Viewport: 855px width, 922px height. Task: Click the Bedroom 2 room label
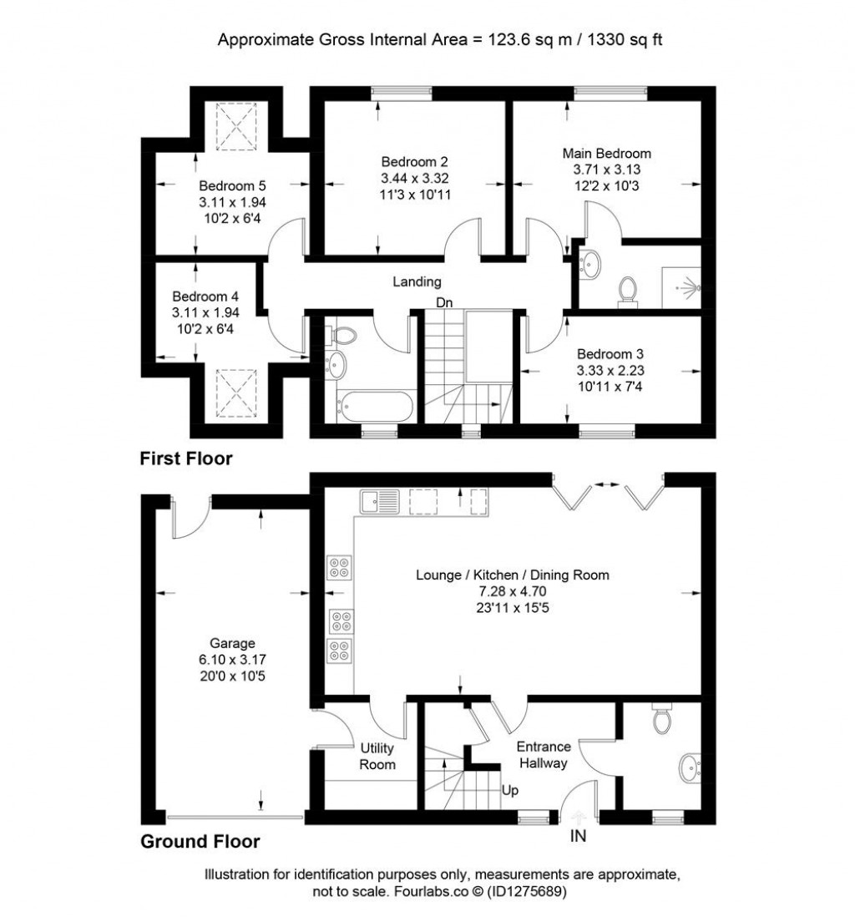(x=415, y=161)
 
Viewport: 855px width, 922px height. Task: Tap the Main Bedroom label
(x=606, y=154)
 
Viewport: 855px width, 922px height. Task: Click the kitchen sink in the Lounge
(x=380, y=500)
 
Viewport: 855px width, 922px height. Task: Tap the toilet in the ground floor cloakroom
(x=663, y=718)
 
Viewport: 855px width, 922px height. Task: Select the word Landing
(x=417, y=282)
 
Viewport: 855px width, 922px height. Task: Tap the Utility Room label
(x=377, y=756)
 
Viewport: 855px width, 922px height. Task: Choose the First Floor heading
(x=185, y=458)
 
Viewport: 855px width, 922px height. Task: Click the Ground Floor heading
(x=200, y=842)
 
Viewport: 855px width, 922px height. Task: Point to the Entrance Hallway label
(x=544, y=754)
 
